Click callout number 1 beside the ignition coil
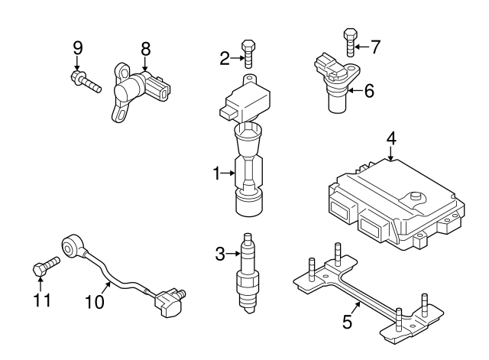point(217,174)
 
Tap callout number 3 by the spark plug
point(219,254)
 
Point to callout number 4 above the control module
point(390,140)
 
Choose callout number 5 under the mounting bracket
point(348,322)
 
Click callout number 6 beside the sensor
point(368,91)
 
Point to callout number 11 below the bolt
point(42,299)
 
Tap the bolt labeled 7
point(350,43)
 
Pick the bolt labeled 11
point(47,268)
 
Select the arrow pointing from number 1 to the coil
point(228,174)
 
